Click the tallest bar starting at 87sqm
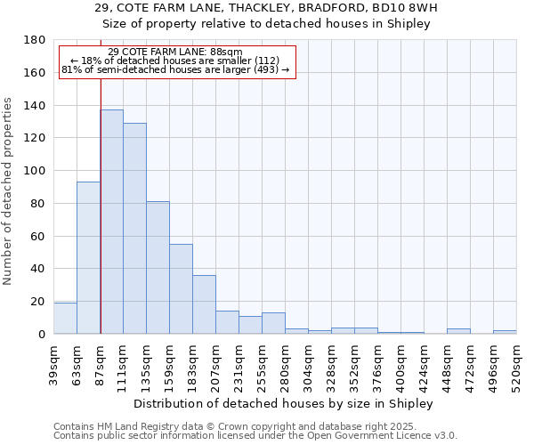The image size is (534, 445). point(111,222)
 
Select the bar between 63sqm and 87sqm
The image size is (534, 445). point(88,258)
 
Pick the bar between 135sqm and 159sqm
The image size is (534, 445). point(158,268)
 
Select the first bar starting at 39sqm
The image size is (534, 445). point(65,319)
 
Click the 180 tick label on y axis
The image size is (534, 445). point(35,40)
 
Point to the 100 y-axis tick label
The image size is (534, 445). point(35,171)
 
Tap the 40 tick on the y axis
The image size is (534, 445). point(38,269)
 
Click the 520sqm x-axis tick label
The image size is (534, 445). point(516,366)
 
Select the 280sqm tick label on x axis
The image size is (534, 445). point(285,366)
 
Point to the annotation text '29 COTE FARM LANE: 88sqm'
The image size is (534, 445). point(174,53)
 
